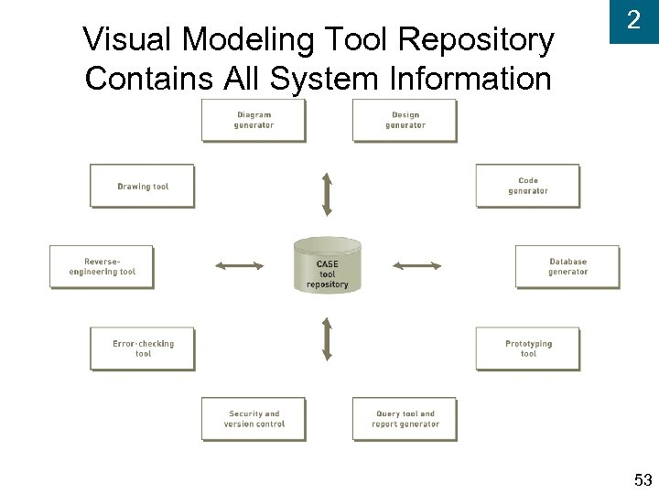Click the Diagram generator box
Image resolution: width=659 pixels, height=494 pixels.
[x=254, y=121]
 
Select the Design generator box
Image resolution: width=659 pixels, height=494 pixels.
[x=405, y=121]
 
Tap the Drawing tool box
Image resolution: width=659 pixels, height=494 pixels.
[x=143, y=187]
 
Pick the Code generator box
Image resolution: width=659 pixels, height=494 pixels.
[x=528, y=186]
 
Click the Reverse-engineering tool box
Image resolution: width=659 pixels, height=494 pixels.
[x=102, y=266]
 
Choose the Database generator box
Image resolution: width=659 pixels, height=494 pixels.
[x=567, y=266]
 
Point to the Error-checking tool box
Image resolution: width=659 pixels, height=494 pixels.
[x=143, y=349]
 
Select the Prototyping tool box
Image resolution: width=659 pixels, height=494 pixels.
[x=528, y=349]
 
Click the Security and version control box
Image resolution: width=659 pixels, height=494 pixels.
[x=254, y=419]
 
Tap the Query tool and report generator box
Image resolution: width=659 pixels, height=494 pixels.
[x=405, y=419]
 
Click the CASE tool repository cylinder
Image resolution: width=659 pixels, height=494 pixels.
[x=328, y=265]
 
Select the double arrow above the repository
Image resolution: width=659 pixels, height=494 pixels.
[x=327, y=193]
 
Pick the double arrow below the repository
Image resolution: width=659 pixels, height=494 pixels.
[x=327, y=338]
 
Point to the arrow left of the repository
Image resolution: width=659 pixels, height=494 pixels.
[x=239, y=266]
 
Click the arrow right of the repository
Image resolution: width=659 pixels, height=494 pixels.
[x=416, y=266]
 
